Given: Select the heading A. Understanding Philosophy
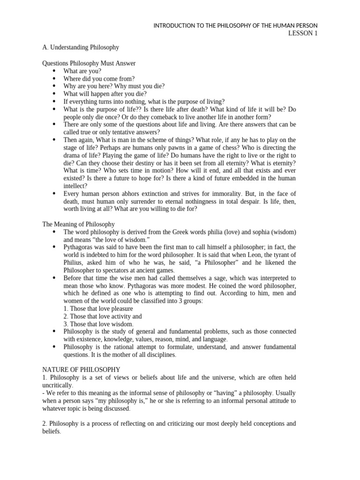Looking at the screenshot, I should pyautogui.click(x=81, y=47).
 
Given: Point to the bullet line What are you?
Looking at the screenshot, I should pyautogui.click(x=82, y=71).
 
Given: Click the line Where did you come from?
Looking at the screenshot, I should pyautogui.click(x=99, y=78).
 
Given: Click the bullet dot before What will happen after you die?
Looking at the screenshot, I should pyautogui.click(x=54, y=94).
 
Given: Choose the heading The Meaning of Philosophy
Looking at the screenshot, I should pyautogui.click(x=78, y=225).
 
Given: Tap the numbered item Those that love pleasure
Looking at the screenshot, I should pyautogui.click(x=101, y=308).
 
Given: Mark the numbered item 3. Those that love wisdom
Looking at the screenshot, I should pyautogui.click(x=98, y=324).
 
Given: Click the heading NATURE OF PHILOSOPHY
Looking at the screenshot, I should pyautogui.click(x=81, y=369).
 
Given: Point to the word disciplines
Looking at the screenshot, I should pyautogui.click(x=160, y=354).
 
